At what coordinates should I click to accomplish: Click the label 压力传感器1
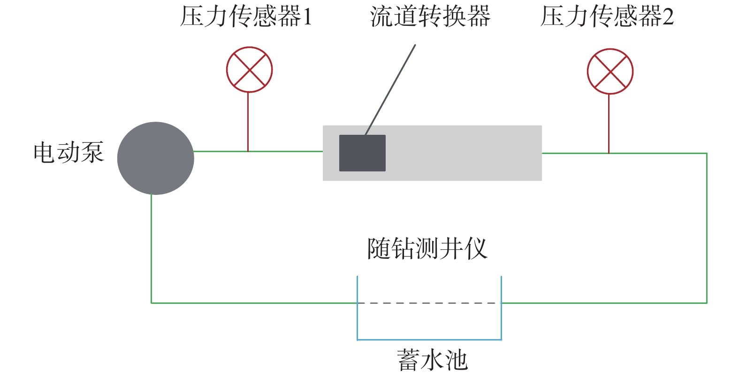[x=245, y=17]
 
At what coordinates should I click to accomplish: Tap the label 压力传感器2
[x=607, y=17]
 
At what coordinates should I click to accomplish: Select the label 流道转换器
[x=430, y=17]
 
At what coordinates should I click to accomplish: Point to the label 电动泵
[x=69, y=153]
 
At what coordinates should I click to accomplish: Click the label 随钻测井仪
[x=427, y=248]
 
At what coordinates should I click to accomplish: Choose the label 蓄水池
[x=432, y=360]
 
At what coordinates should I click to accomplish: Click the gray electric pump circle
[x=155, y=158]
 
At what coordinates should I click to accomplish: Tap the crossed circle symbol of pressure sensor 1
[x=249, y=70]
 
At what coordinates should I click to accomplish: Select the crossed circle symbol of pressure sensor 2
[x=610, y=71]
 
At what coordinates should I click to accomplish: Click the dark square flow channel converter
[x=362, y=153]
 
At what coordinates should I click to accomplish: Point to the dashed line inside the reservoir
[x=429, y=303]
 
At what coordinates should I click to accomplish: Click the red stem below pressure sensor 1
[x=248, y=122]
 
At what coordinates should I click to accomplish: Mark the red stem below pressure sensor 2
[x=609, y=124]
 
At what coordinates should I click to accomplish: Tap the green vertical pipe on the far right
[x=706, y=228]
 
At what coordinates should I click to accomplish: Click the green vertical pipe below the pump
[x=151, y=249]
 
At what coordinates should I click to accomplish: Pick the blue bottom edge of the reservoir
[x=429, y=339]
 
